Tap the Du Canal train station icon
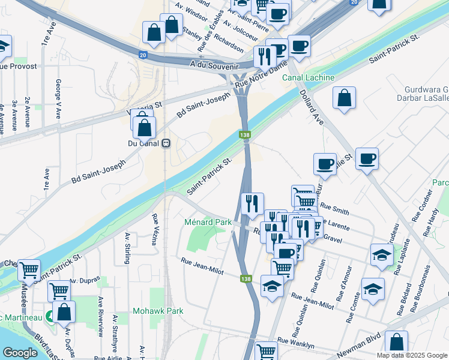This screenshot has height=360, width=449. pos(166,144)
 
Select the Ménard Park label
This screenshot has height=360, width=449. pos(208,223)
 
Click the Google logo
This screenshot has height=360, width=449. pos(20,353)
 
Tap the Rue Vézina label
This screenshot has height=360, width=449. pos(155,230)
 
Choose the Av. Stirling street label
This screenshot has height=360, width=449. pos(127,248)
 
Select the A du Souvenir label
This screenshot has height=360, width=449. pos(214,63)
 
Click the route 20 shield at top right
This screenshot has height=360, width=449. pos(355,3)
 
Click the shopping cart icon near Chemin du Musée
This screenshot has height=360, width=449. pos(29,270)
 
